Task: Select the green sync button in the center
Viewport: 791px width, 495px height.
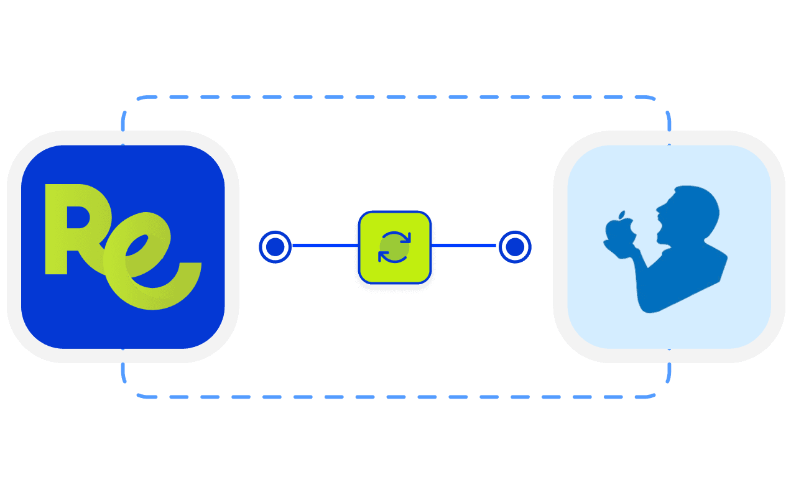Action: [394, 247]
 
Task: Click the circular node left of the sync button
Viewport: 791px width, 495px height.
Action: [274, 247]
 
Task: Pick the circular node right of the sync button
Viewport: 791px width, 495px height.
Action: [514, 247]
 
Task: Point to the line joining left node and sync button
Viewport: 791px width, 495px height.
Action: [323, 246]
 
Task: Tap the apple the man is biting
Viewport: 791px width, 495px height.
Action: [618, 234]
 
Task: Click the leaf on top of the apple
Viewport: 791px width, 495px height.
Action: [621, 216]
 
